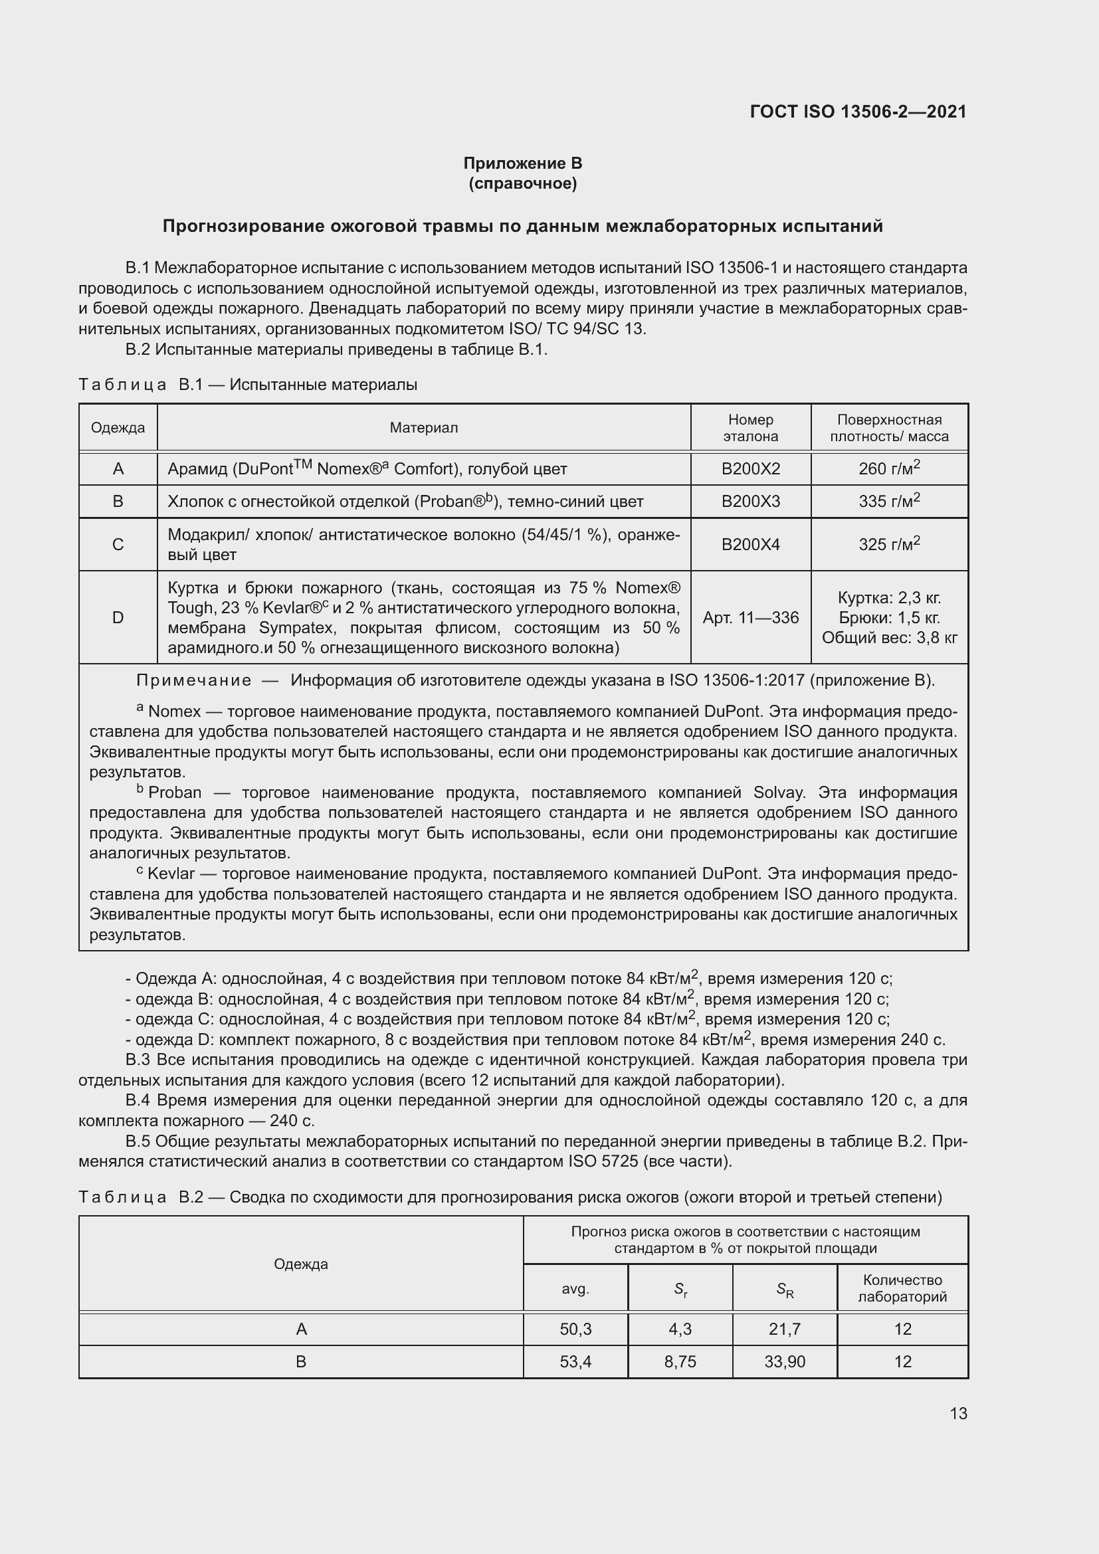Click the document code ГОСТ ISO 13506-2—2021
[857, 112]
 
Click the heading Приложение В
[522, 163]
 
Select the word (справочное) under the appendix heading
[522, 183]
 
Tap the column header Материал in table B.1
[424, 428]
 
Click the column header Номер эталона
[750, 428]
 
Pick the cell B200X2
[750, 469]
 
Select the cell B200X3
[750, 502]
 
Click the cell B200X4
[750, 544]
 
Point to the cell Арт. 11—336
[750, 617]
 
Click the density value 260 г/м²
[888, 468]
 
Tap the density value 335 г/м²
[888, 501]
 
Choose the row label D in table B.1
[118, 617]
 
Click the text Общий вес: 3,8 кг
[889, 638]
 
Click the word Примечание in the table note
[194, 680]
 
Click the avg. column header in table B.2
[575, 1290]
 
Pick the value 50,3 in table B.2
[575, 1329]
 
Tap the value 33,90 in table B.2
[784, 1362]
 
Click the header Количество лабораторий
[902, 1289]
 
